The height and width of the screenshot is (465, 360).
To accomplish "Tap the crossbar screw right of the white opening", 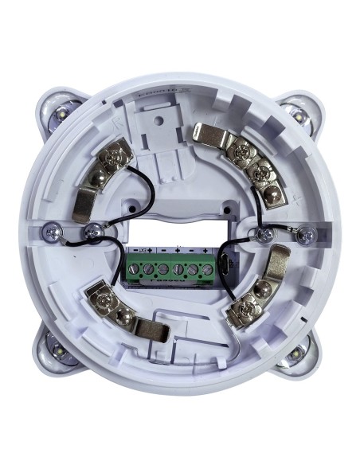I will click(x=262, y=232).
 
